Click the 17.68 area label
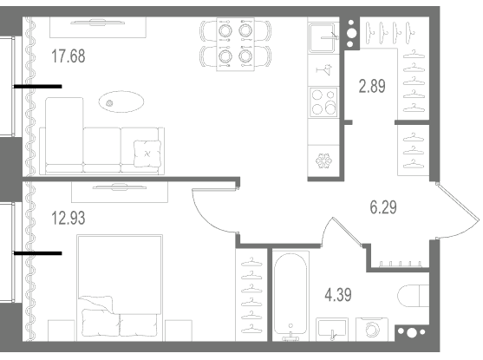[69, 56]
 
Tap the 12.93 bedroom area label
[69, 218]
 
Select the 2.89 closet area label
[372, 86]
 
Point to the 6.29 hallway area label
[383, 206]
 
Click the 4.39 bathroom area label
[338, 295]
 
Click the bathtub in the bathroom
[290, 296]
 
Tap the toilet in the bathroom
[413, 296]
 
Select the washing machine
[372, 329]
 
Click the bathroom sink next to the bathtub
[332, 329]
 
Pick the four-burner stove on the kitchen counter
[323, 102]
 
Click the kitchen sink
[323, 37]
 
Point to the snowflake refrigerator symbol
[323, 160]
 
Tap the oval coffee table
[121, 101]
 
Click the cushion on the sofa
[147, 154]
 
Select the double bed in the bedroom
[120, 288]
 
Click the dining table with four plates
[236, 44]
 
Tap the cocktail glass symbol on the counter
[324, 69]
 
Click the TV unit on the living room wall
[98, 27]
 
